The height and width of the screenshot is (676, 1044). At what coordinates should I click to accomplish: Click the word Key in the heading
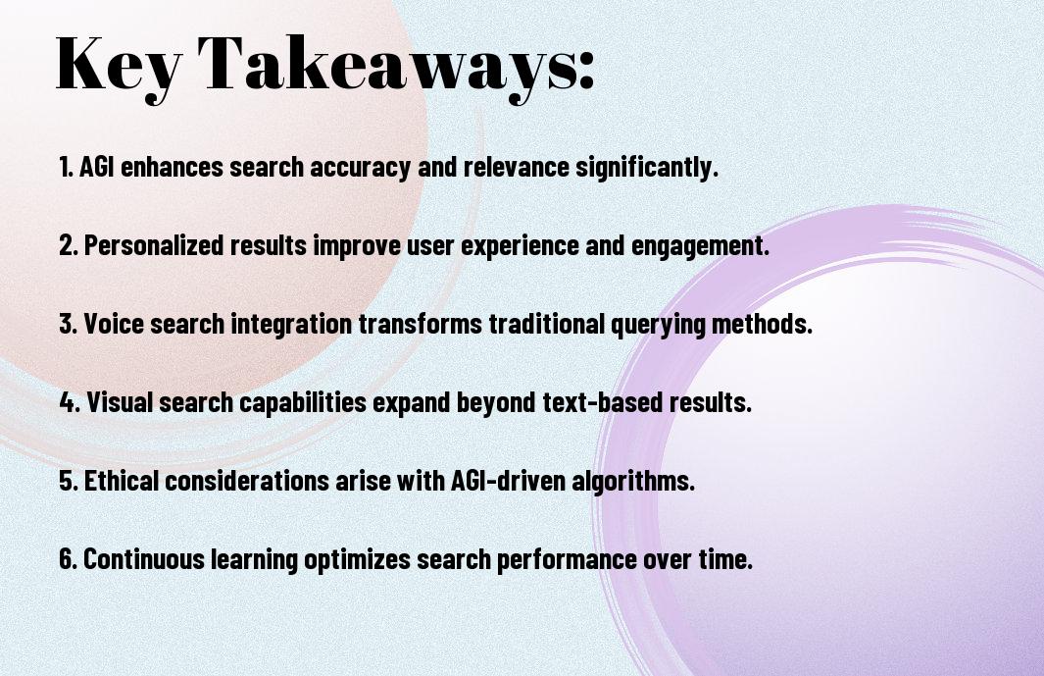point(119,67)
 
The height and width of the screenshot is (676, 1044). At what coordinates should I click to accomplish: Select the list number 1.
point(66,167)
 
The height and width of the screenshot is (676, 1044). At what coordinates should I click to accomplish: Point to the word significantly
point(647,168)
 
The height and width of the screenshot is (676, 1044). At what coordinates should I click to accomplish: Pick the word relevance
point(516,167)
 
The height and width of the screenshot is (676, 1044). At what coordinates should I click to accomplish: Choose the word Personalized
point(154,245)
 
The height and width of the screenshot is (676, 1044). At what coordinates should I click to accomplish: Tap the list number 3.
point(68,324)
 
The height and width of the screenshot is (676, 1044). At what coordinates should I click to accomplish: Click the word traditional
point(547,324)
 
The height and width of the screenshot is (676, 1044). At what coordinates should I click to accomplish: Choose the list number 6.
point(68,558)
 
